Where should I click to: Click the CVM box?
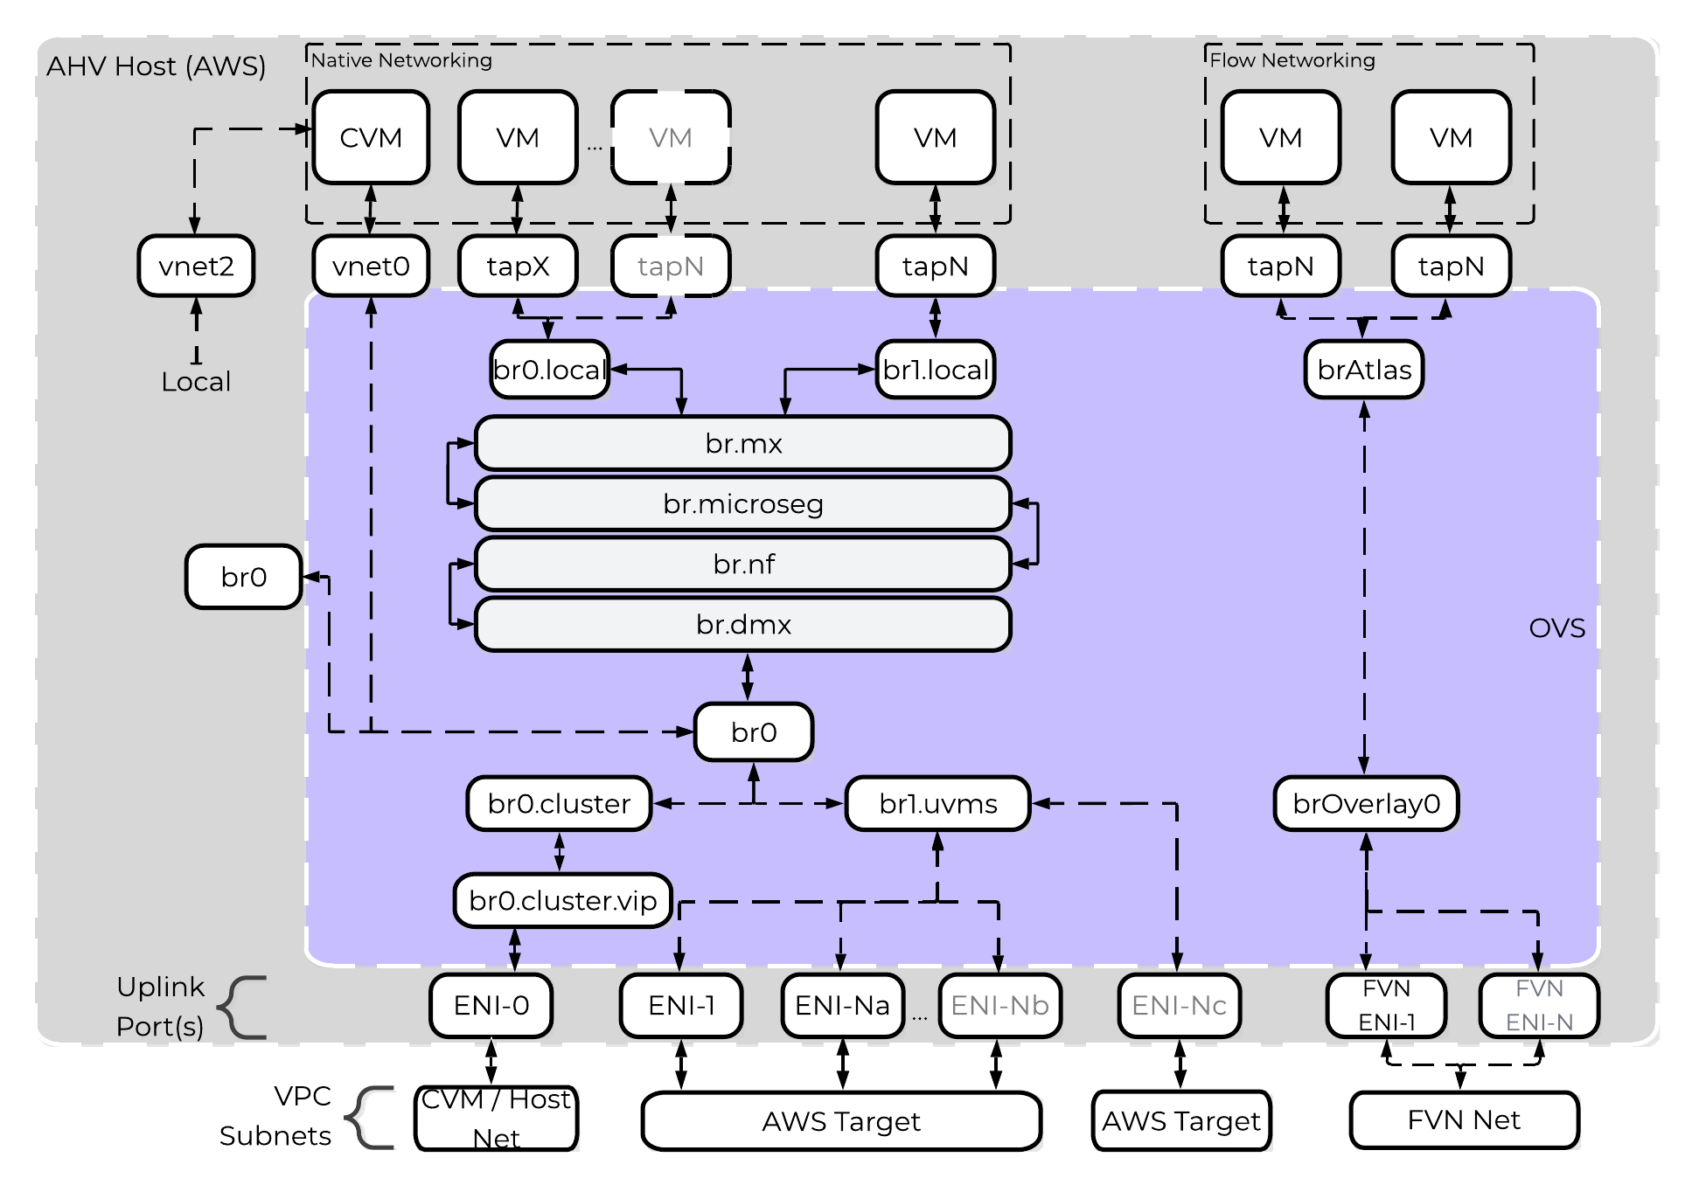pyautogui.click(x=371, y=138)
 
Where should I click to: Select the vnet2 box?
pyautogui.click(x=196, y=266)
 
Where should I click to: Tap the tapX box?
pyautogui.click(x=518, y=266)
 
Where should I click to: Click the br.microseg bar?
pyautogui.click(x=742, y=504)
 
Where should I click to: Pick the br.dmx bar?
pyautogui.click(x=742, y=625)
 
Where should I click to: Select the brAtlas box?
pyautogui.click(x=1364, y=370)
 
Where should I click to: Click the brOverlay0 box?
pyautogui.click(x=1366, y=803)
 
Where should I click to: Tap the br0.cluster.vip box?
pyautogui.click(x=562, y=900)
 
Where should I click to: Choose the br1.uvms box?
pyautogui.click(x=937, y=803)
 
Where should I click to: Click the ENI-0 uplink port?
pyautogui.click(x=491, y=1006)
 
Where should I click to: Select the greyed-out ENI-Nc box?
pyautogui.click(x=1179, y=1006)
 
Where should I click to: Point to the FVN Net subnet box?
pyautogui.click(x=1464, y=1120)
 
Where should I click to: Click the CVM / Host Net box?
pyautogui.click(x=496, y=1119)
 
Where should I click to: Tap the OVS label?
pyautogui.click(x=1556, y=628)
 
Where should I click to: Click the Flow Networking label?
pyautogui.click(x=1292, y=60)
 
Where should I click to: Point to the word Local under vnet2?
pyautogui.click(x=196, y=382)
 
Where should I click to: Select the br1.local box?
pyautogui.click(x=935, y=370)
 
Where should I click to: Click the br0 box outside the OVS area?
pyautogui.click(x=243, y=577)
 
